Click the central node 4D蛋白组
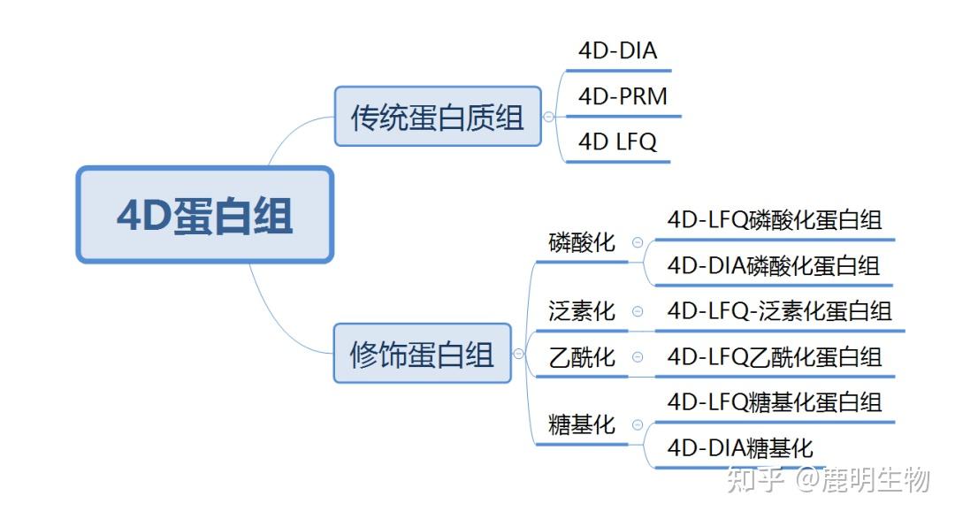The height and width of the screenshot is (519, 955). [205, 215]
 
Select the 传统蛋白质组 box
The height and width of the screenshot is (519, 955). [438, 117]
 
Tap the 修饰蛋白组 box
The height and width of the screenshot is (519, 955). [422, 354]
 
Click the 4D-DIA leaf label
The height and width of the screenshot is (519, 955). [617, 50]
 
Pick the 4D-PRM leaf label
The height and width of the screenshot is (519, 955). [623, 96]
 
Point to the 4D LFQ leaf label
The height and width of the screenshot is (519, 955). [617, 141]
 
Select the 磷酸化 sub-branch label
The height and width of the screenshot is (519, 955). [581, 242]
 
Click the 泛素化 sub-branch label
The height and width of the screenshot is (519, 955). [581, 311]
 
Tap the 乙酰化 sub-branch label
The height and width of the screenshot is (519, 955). [581, 357]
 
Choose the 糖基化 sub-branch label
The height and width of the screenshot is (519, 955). [581, 425]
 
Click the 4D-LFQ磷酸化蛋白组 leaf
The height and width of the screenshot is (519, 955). [775, 219]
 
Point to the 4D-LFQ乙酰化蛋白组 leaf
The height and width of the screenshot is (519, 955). [775, 357]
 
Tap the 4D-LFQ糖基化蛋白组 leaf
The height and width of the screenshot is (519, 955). [775, 402]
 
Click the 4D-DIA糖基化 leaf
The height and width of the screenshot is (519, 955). [740, 447]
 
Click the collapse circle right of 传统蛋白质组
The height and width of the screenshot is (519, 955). [548, 117]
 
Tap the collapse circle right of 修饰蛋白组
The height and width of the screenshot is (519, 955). [518, 354]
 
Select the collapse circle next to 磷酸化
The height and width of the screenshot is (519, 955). [637, 242]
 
